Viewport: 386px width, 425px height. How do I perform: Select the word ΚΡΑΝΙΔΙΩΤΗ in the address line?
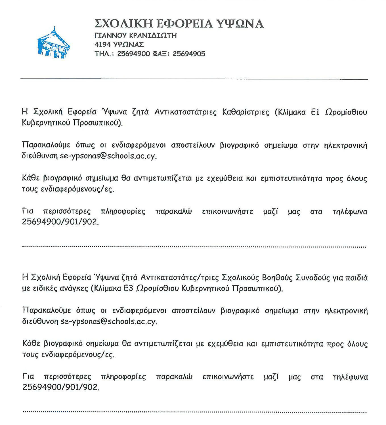[x=153, y=35]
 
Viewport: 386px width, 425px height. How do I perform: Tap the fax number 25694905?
[x=189, y=54]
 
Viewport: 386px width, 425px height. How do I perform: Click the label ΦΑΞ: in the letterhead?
[x=161, y=54]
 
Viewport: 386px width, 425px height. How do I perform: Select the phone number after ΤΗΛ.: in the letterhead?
[x=133, y=54]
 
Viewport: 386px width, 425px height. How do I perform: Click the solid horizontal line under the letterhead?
[x=194, y=79]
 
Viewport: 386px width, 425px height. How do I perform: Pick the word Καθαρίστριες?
[x=246, y=112]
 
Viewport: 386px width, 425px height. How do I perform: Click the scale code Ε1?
[x=315, y=112]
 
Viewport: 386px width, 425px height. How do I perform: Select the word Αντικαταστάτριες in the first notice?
[x=185, y=112]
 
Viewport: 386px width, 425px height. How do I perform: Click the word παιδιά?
[x=356, y=278]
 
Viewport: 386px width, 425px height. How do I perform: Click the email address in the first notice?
[x=108, y=156]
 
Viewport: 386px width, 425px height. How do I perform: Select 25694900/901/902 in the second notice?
[x=61, y=387]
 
